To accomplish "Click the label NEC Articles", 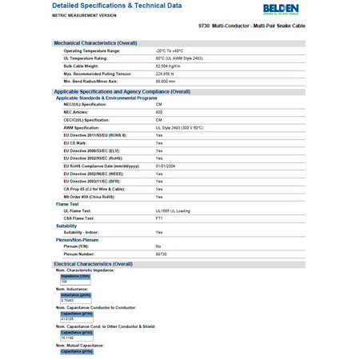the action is point(79,112).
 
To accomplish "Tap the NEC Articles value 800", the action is point(159,112).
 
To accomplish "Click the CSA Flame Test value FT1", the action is point(159,218).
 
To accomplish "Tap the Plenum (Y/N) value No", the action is point(158,246).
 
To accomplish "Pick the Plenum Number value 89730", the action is point(163,254).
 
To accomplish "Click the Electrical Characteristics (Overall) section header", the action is point(93,263).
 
